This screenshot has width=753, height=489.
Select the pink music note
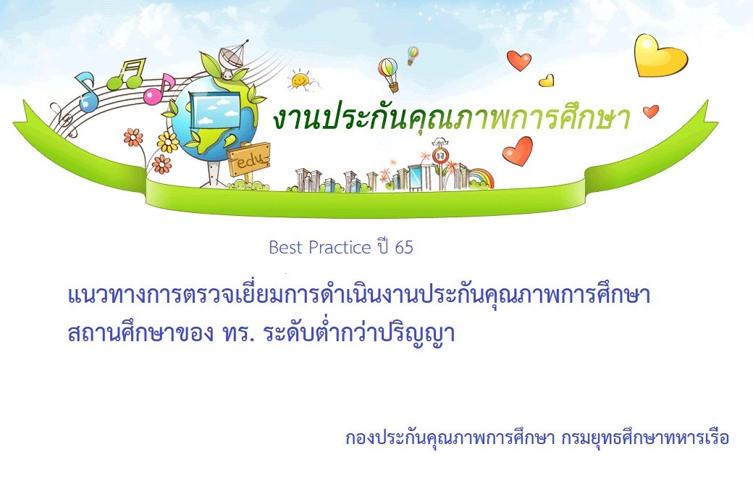[x=159, y=90]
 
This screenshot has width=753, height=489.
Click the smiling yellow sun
[x=301, y=80]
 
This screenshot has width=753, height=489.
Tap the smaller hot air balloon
[x=413, y=55]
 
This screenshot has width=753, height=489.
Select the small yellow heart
[x=547, y=80]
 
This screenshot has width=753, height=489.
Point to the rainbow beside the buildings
[x=481, y=178]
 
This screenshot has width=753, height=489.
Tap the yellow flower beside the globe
[x=167, y=142]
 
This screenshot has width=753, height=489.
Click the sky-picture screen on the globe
[x=216, y=110]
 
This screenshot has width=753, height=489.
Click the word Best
[x=286, y=247]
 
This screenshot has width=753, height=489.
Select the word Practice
[x=339, y=247]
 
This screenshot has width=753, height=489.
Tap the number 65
[x=404, y=247]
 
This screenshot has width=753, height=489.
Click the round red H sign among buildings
[x=440, y=156]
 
